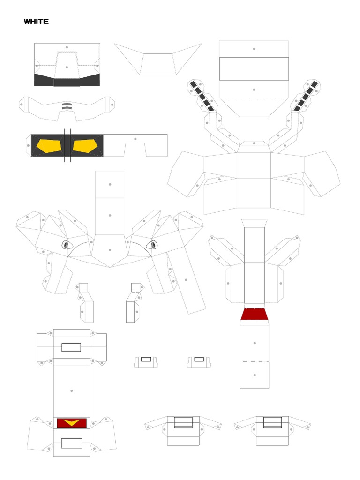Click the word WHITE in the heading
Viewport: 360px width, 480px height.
coord(36,22)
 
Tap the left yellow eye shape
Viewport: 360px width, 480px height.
coord(49,146)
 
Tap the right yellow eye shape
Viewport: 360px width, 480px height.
coord(85,146)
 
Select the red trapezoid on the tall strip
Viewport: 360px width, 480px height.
coord(255,315)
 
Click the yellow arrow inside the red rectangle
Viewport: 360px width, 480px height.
coord(72,423)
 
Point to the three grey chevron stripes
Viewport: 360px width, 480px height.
coord(67,106)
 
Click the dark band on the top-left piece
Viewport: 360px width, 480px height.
coord(67,80)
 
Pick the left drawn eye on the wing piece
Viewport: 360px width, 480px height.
coord(67,245)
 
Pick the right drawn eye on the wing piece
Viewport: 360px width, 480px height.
coord(152,245)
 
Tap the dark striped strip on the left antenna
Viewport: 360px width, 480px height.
coord(202,96)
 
